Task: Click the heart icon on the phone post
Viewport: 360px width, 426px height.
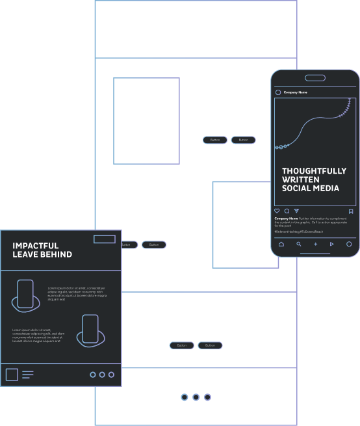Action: (x=277, y=211)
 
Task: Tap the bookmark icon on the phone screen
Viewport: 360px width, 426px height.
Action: (x=351, y=211)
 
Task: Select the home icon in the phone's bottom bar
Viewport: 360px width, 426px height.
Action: (x=281, y=245)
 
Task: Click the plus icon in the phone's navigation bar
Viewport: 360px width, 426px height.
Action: (x=316, y=245)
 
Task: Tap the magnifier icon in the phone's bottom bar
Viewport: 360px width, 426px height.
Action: (x=299, y=245)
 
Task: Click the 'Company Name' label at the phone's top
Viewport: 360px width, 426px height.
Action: (x=296, y=92)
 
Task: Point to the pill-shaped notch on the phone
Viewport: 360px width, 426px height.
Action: (x=315, y=78)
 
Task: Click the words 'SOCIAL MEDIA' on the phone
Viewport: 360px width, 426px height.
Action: (x=311, y=189)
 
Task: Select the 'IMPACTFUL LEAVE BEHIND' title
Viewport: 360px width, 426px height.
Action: (x=42, y=250)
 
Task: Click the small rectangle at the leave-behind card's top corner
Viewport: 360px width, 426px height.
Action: (x=104, y=239)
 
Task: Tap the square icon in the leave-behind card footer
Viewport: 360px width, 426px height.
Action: (x=12, y=375)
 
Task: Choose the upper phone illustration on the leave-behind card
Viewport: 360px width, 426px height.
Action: (x=25, y=295)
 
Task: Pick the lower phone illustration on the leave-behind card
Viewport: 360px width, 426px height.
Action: (x=90, y=329)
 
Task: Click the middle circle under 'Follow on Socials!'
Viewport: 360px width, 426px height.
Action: (x=196, y=397)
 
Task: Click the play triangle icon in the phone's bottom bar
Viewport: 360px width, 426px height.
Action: (x=332, y=245)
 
